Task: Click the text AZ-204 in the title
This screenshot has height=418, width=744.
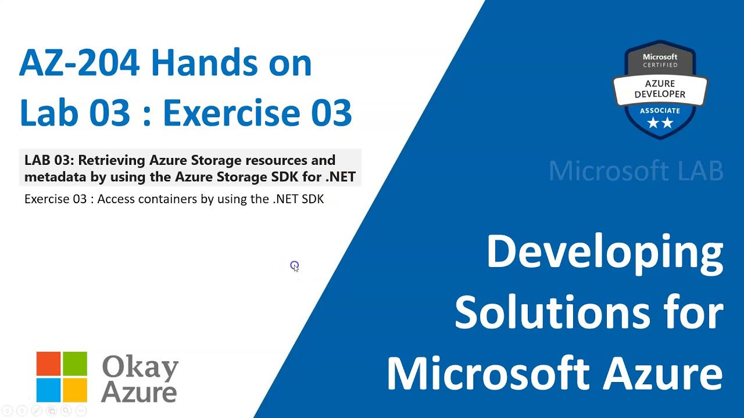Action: [79, 63]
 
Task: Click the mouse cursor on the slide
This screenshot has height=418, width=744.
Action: [295, 266]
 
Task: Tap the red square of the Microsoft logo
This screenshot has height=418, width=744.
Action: [48, 363]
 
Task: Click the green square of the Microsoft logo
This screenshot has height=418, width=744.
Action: [75, 363]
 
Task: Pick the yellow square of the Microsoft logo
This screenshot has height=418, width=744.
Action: [75, 390]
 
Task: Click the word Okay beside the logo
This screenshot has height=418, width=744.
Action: [140, 368]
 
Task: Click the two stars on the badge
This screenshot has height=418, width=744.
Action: [660, 122]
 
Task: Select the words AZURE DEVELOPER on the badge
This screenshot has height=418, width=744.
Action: [660, 89]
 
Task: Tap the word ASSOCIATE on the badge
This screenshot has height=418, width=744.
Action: [660, 111]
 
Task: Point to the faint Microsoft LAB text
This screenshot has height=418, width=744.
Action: [636, 171]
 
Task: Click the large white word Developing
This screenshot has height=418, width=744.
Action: [604, 254]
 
